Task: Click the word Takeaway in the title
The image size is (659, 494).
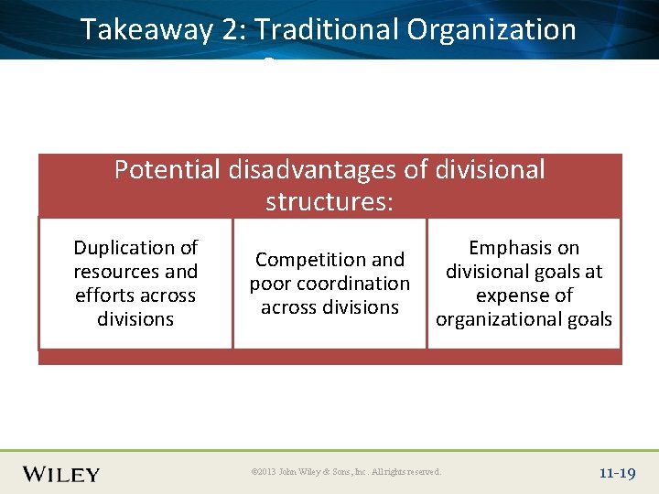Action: (146, 30)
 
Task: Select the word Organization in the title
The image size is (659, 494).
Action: (492, 30)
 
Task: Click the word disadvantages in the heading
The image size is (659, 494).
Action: (337, 169)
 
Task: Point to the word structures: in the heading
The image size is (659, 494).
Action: (329, 200)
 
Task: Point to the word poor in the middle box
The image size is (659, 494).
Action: (270, 284)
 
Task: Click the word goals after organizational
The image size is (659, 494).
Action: (590, 319)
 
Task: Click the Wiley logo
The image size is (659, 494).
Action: (61, 474)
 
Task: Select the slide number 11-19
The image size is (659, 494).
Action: (617, 473)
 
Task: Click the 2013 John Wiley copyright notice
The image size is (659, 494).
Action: (346, 472)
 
